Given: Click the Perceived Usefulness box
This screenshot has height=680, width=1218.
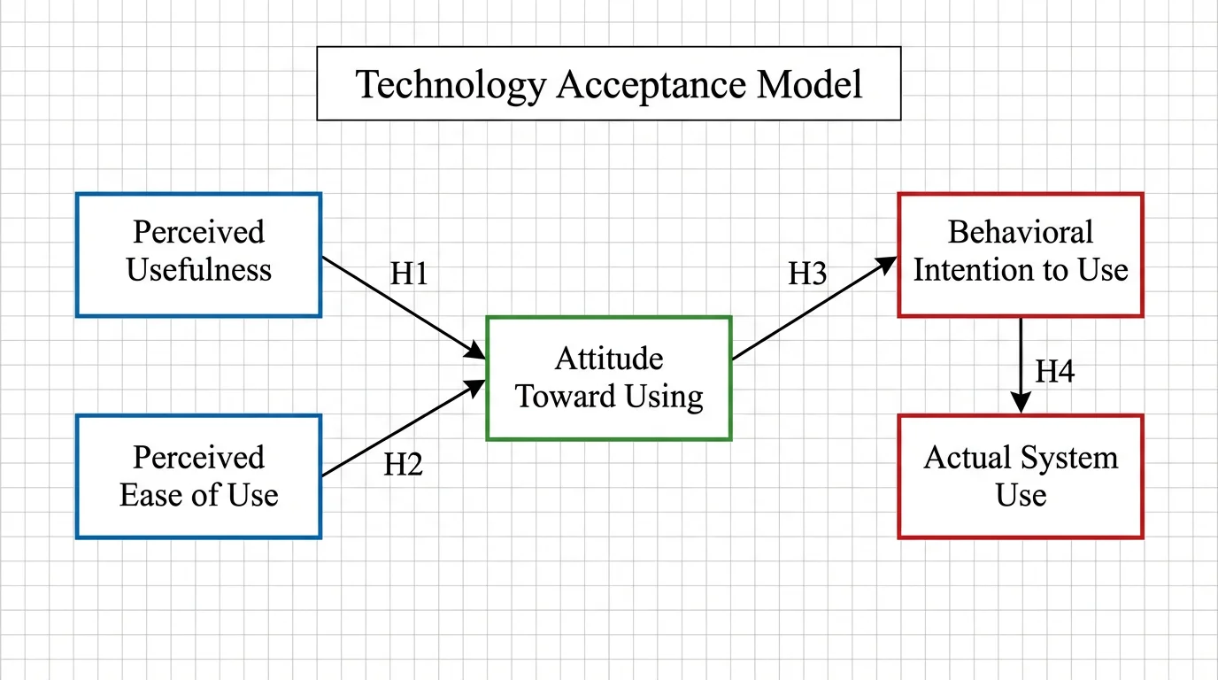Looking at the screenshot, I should (x=198, y=255).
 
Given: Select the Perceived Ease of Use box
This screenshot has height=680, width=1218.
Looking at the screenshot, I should (x=198, y=476).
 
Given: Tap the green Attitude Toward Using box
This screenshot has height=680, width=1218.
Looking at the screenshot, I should (x=609, y=378).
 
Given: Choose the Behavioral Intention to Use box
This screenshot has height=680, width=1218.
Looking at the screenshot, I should (x=1021, y=255).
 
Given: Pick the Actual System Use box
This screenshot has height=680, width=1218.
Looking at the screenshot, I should (x=1021, y=476).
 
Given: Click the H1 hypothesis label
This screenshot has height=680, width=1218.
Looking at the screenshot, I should (x=409, y=274).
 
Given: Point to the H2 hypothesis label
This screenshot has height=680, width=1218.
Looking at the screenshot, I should (x=403, y=465).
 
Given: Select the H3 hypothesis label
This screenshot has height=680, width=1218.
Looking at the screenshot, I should (x=807, y=274).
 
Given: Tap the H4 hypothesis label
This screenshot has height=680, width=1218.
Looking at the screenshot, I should (x=1055, y=372).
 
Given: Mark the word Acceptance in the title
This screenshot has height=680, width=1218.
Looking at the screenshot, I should (x=651, y=85).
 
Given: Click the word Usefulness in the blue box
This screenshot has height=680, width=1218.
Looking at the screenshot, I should (x=198, y=270).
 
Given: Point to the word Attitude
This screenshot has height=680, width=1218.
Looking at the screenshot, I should (x=609, y=359).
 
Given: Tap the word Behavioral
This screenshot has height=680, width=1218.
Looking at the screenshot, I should (x=1021, y=232).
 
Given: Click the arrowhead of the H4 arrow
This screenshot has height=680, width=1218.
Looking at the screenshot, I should (x=1021, y=405).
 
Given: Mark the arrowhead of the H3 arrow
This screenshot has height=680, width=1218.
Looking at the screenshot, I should (x=888, y=263).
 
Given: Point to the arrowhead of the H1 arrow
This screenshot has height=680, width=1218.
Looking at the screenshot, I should (x=477, y=353).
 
